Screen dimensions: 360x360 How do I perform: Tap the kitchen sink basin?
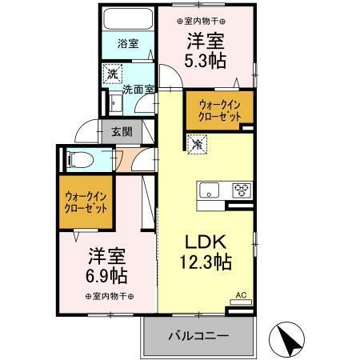point(210,190)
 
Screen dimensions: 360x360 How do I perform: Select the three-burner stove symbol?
point(241,190)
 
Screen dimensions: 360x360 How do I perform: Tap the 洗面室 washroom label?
point(138,90)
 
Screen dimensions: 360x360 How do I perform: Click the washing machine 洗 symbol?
point(113,73)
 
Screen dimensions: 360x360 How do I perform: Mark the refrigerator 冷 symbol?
point(195,146)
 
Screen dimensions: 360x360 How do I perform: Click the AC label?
point(241,294)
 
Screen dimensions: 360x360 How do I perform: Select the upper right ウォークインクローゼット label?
point(215,110)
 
